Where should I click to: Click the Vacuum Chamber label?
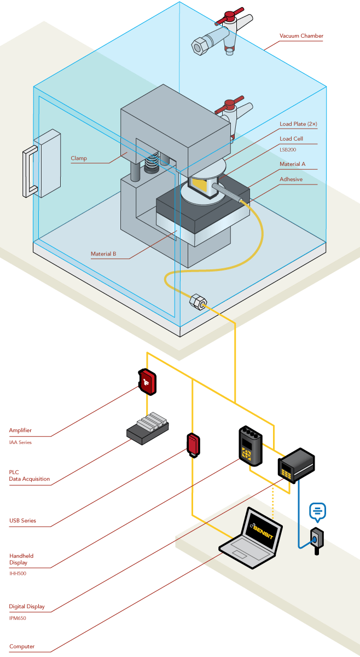(x=301, y=36)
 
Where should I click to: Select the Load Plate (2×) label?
(x=298, y=124)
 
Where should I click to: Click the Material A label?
(x=292, y=164)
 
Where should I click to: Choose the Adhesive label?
(x=291, y=179)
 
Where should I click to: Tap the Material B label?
(x=103, y=254)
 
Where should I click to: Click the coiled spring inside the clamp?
(x=153, y=161)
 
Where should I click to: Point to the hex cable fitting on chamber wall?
(x=198, y=302)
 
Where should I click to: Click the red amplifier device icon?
(x=147, y=382)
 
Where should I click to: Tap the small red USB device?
(x=193, y=444)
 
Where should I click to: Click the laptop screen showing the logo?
(x=263, y=531)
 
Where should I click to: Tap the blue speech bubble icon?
(x=317, y=511)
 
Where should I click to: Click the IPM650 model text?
(x=18, y=618)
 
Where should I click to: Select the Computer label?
(x=22, y=647)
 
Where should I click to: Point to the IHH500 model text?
(x=18, y=573)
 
